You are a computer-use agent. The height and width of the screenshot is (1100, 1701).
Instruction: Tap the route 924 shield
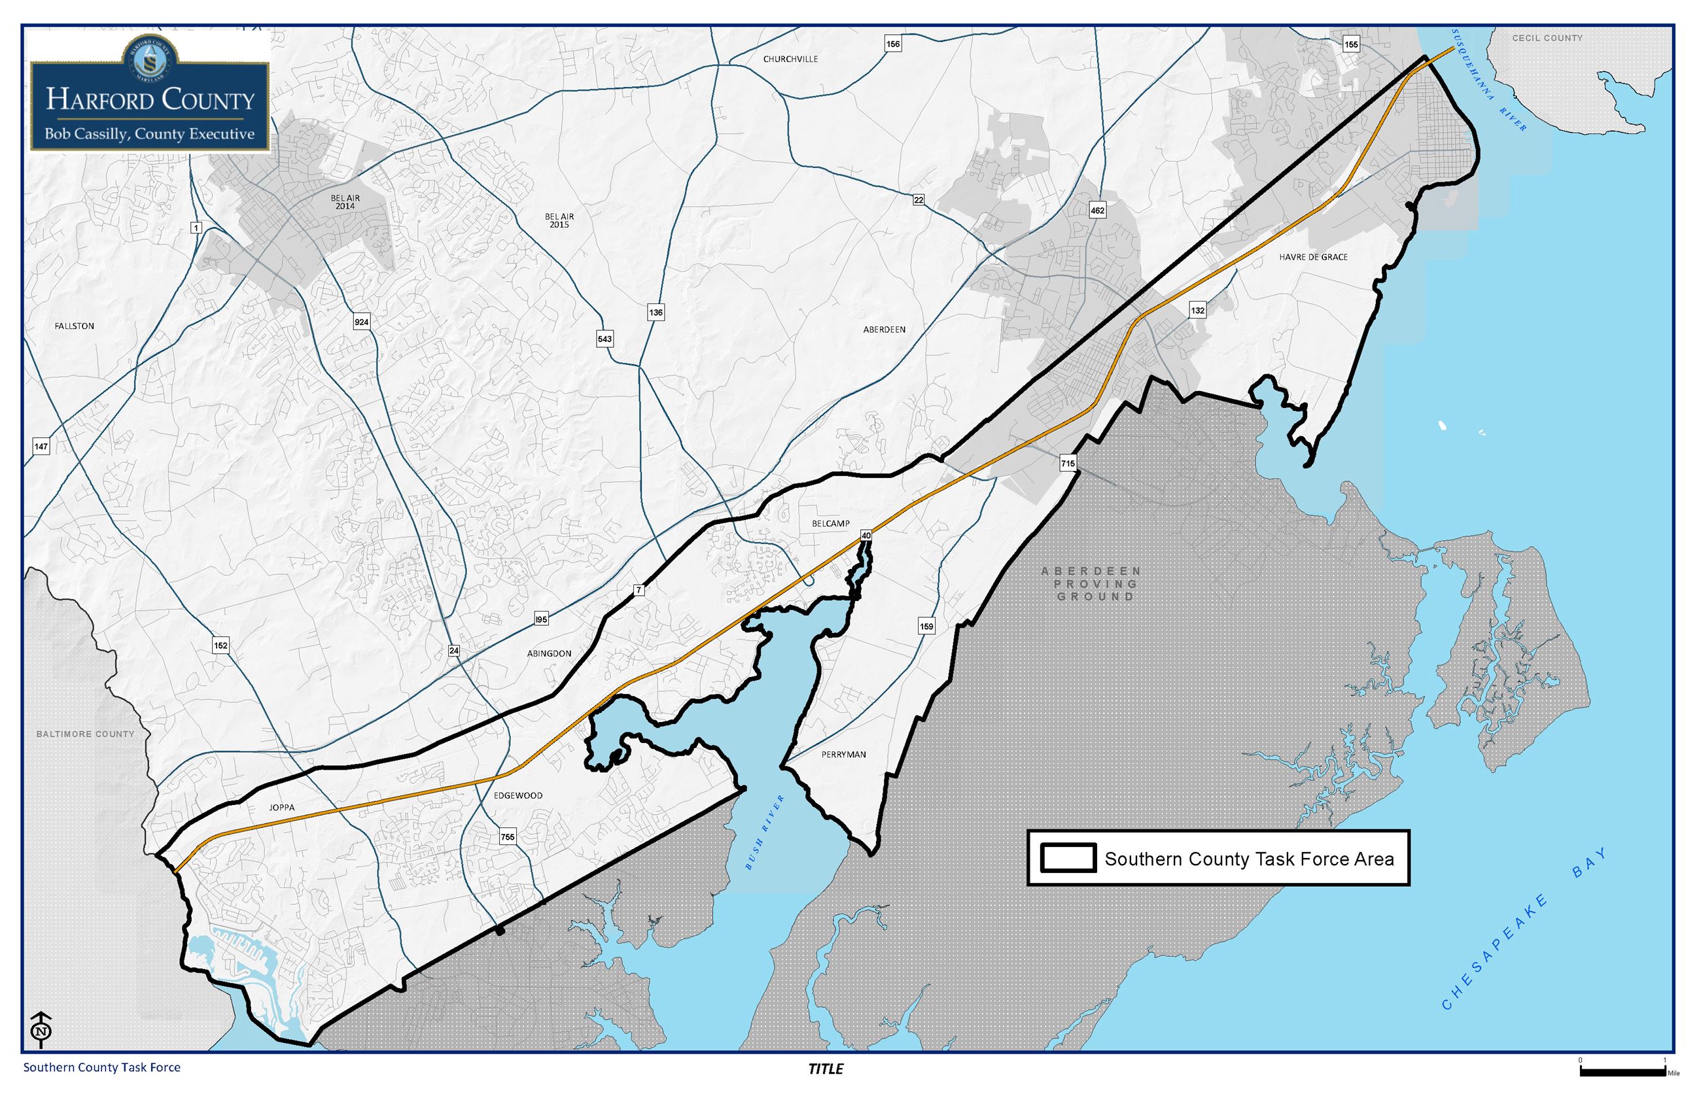coord(362,322)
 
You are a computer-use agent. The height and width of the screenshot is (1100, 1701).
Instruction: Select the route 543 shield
coord(605,339)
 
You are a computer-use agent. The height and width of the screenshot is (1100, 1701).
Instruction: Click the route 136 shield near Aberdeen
coord(655,312)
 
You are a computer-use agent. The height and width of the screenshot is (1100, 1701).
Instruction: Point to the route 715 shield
coord(1067,464)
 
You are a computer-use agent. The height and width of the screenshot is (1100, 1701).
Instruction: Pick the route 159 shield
coord(926,627)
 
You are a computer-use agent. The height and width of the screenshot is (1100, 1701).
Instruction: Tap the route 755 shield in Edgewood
coord(507,837)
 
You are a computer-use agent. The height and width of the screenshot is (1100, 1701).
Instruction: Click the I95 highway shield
coord(541,619)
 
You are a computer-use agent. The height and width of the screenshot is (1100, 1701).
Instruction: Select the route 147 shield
coord(41,447)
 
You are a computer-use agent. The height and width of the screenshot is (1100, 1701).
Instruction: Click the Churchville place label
coord(790,60)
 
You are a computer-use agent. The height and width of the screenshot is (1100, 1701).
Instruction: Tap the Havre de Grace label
coord(1313,257)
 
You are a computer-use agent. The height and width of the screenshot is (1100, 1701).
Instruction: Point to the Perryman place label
coord(843,754)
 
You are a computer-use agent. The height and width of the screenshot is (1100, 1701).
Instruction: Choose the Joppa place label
coord(281,808)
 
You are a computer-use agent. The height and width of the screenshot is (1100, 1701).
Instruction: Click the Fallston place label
coord(75,326)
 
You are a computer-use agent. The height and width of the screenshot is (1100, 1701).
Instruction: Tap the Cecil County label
coord(1547,38)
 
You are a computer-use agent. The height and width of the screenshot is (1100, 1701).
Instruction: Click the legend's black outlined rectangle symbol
coord(1068,858)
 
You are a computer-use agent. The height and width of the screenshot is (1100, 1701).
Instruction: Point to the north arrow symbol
coord(42,1029)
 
